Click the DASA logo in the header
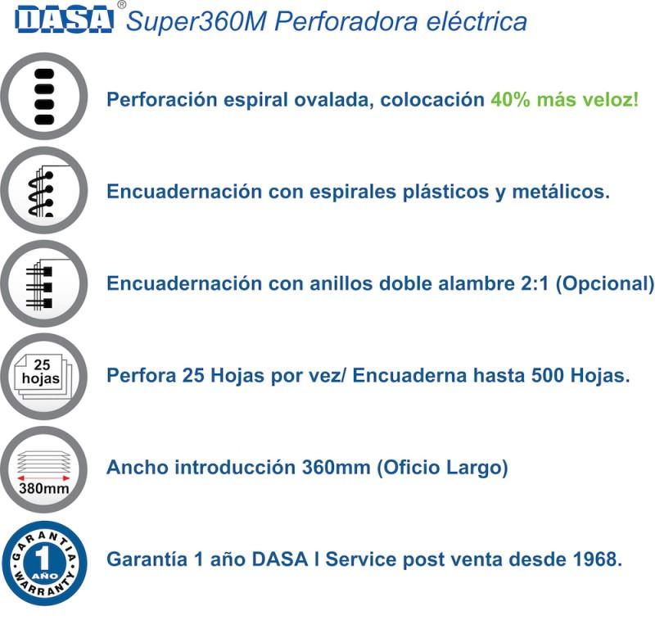click(64, 19)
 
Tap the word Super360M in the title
click(196, 21)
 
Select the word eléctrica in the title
click(477, 21)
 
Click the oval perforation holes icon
click(44, 97)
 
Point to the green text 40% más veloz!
click(565, 99)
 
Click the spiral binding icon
click(44, 191)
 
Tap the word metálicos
click(561, 192)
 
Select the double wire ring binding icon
click(44, 283)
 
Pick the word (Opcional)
click(605, 283)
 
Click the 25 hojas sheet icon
click(43, 377)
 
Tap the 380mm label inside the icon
click(44, 488)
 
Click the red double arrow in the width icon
click(43, 477)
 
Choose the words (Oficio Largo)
click(442, 468)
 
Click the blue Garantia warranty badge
click(44, 563)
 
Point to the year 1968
click(598, 559)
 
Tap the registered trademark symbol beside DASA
click(121, 5)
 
